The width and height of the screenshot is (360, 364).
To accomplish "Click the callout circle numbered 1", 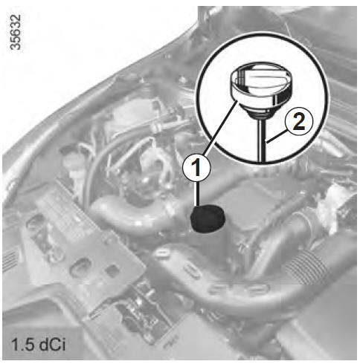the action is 196,169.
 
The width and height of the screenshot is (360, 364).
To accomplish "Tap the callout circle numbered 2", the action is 299,121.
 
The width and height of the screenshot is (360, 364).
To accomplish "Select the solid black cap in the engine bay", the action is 208,218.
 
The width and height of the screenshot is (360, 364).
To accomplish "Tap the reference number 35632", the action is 16,32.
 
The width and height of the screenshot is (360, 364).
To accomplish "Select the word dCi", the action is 52,344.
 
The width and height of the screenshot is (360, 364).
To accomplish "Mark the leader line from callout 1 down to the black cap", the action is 198,194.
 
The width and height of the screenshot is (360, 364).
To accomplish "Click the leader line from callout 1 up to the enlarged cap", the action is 221,129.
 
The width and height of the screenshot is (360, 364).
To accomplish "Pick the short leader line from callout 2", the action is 276,137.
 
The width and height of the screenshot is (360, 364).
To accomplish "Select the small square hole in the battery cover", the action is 112,270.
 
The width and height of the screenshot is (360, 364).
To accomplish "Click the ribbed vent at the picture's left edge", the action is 10,260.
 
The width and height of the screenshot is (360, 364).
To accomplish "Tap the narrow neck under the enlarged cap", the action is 258,113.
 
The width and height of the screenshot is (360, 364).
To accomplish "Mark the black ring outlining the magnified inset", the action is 263,33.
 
